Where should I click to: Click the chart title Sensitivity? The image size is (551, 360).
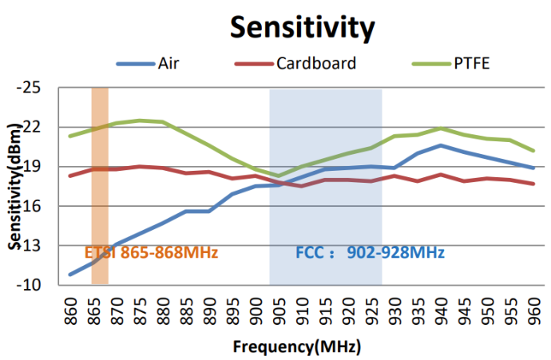tap(303, 27)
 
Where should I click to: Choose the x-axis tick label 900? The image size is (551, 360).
tap(256, 311)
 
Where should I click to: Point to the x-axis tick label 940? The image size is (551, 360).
tap(441, 311)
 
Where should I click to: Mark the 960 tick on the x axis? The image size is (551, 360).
tap(533, 311)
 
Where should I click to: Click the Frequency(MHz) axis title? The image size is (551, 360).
tap(297, 347)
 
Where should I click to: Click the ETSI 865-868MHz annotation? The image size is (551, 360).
tap(151, 253)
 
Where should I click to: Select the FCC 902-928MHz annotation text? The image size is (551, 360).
tap(370, 253)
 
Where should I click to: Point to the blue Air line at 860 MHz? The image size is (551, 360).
tap(70, 275)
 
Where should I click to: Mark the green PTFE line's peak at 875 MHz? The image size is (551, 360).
tap(140, 121)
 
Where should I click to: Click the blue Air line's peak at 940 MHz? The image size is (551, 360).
tap(441, 145)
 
